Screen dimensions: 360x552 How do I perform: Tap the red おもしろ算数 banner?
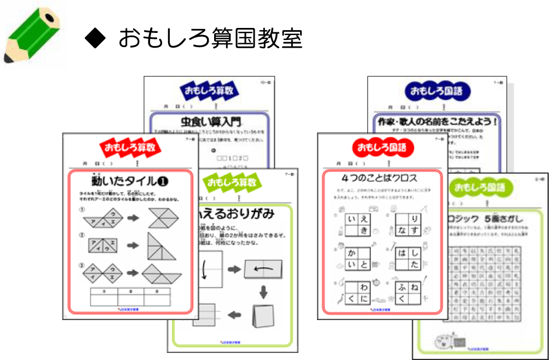click(x=130, y=147)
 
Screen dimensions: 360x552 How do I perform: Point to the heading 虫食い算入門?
click(x=210, y=121)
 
